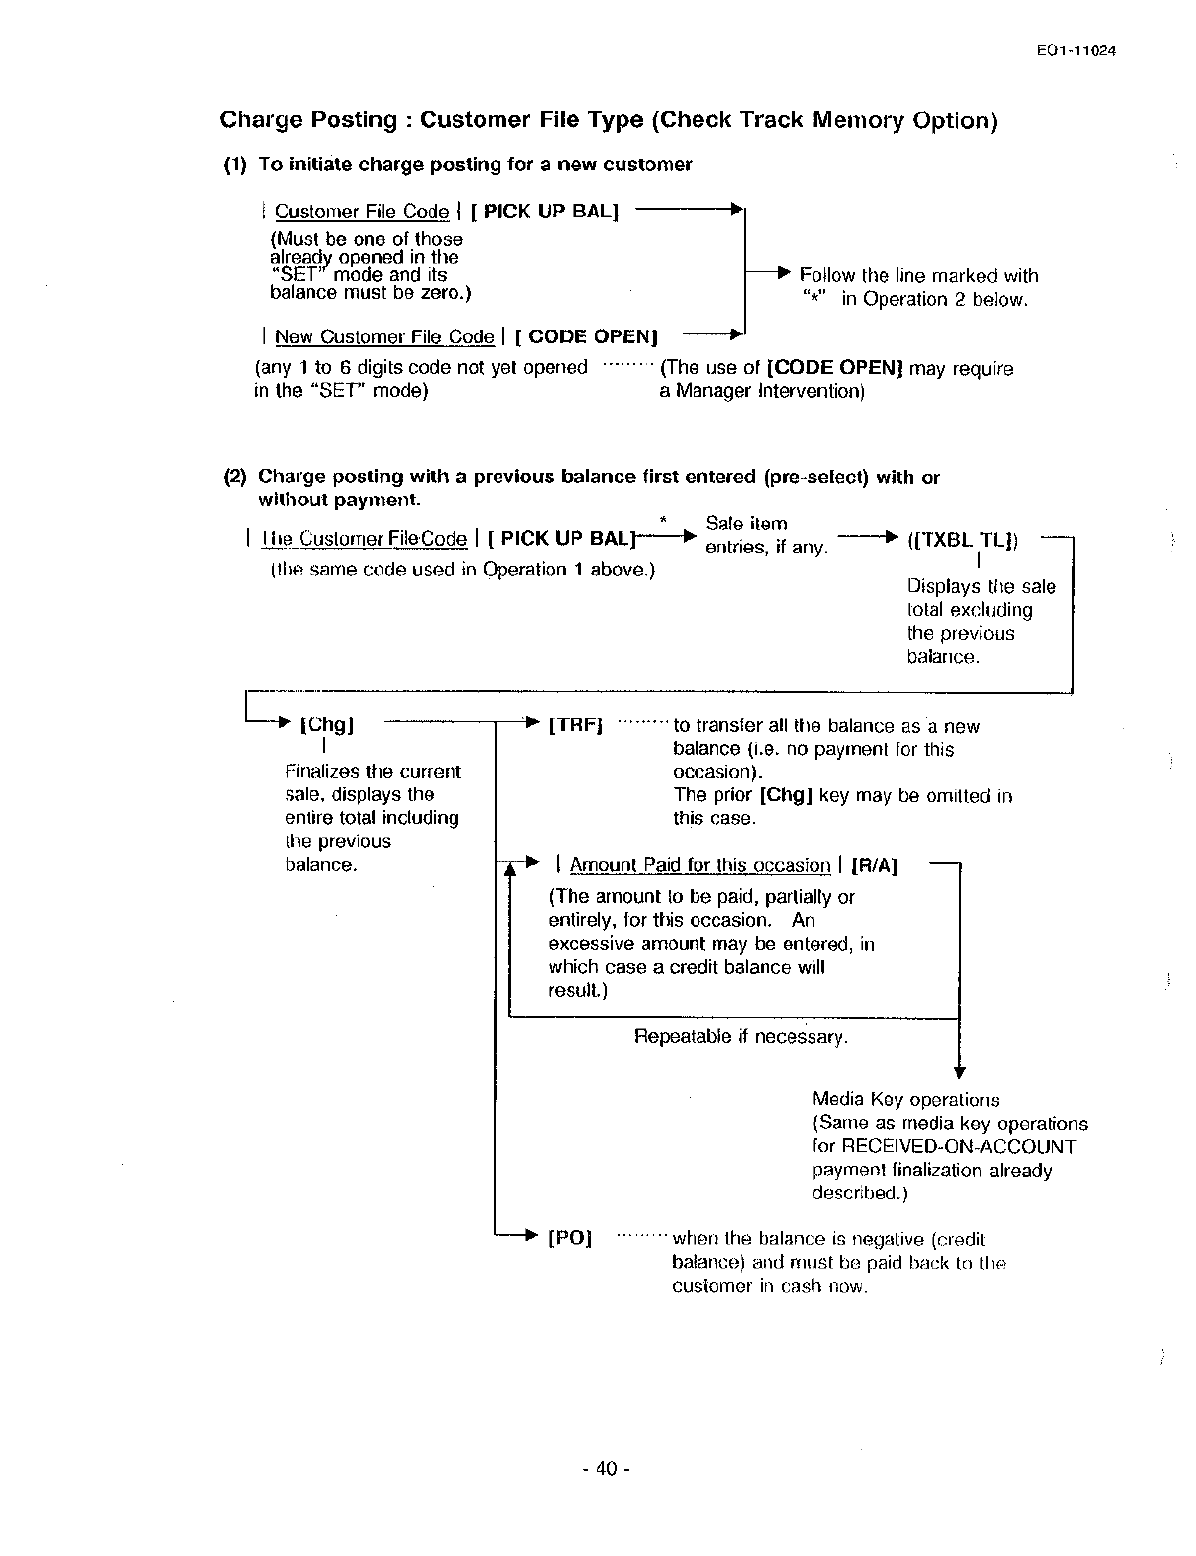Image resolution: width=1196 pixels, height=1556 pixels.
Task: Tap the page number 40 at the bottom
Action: coord(606,1469)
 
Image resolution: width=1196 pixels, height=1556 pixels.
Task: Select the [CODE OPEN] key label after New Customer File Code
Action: coord(586,337)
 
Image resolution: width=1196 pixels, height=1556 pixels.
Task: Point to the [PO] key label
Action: coord(570,1239)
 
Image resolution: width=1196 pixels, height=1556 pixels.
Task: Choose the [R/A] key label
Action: coord(875,866)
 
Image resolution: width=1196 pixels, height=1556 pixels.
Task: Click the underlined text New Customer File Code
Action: coord(384,337)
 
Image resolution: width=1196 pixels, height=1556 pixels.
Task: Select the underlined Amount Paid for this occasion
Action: coord(699,866)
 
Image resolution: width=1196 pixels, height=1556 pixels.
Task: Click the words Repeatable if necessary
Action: coord(740,1037)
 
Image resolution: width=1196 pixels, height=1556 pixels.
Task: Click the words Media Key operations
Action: coord(905,1100)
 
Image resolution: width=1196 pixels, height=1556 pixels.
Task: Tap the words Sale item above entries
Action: coord(746,524)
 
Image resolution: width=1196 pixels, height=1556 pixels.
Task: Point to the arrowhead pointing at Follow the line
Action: coord(783,272)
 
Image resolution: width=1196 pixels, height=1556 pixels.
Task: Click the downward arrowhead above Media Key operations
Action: coord(959,1072)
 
